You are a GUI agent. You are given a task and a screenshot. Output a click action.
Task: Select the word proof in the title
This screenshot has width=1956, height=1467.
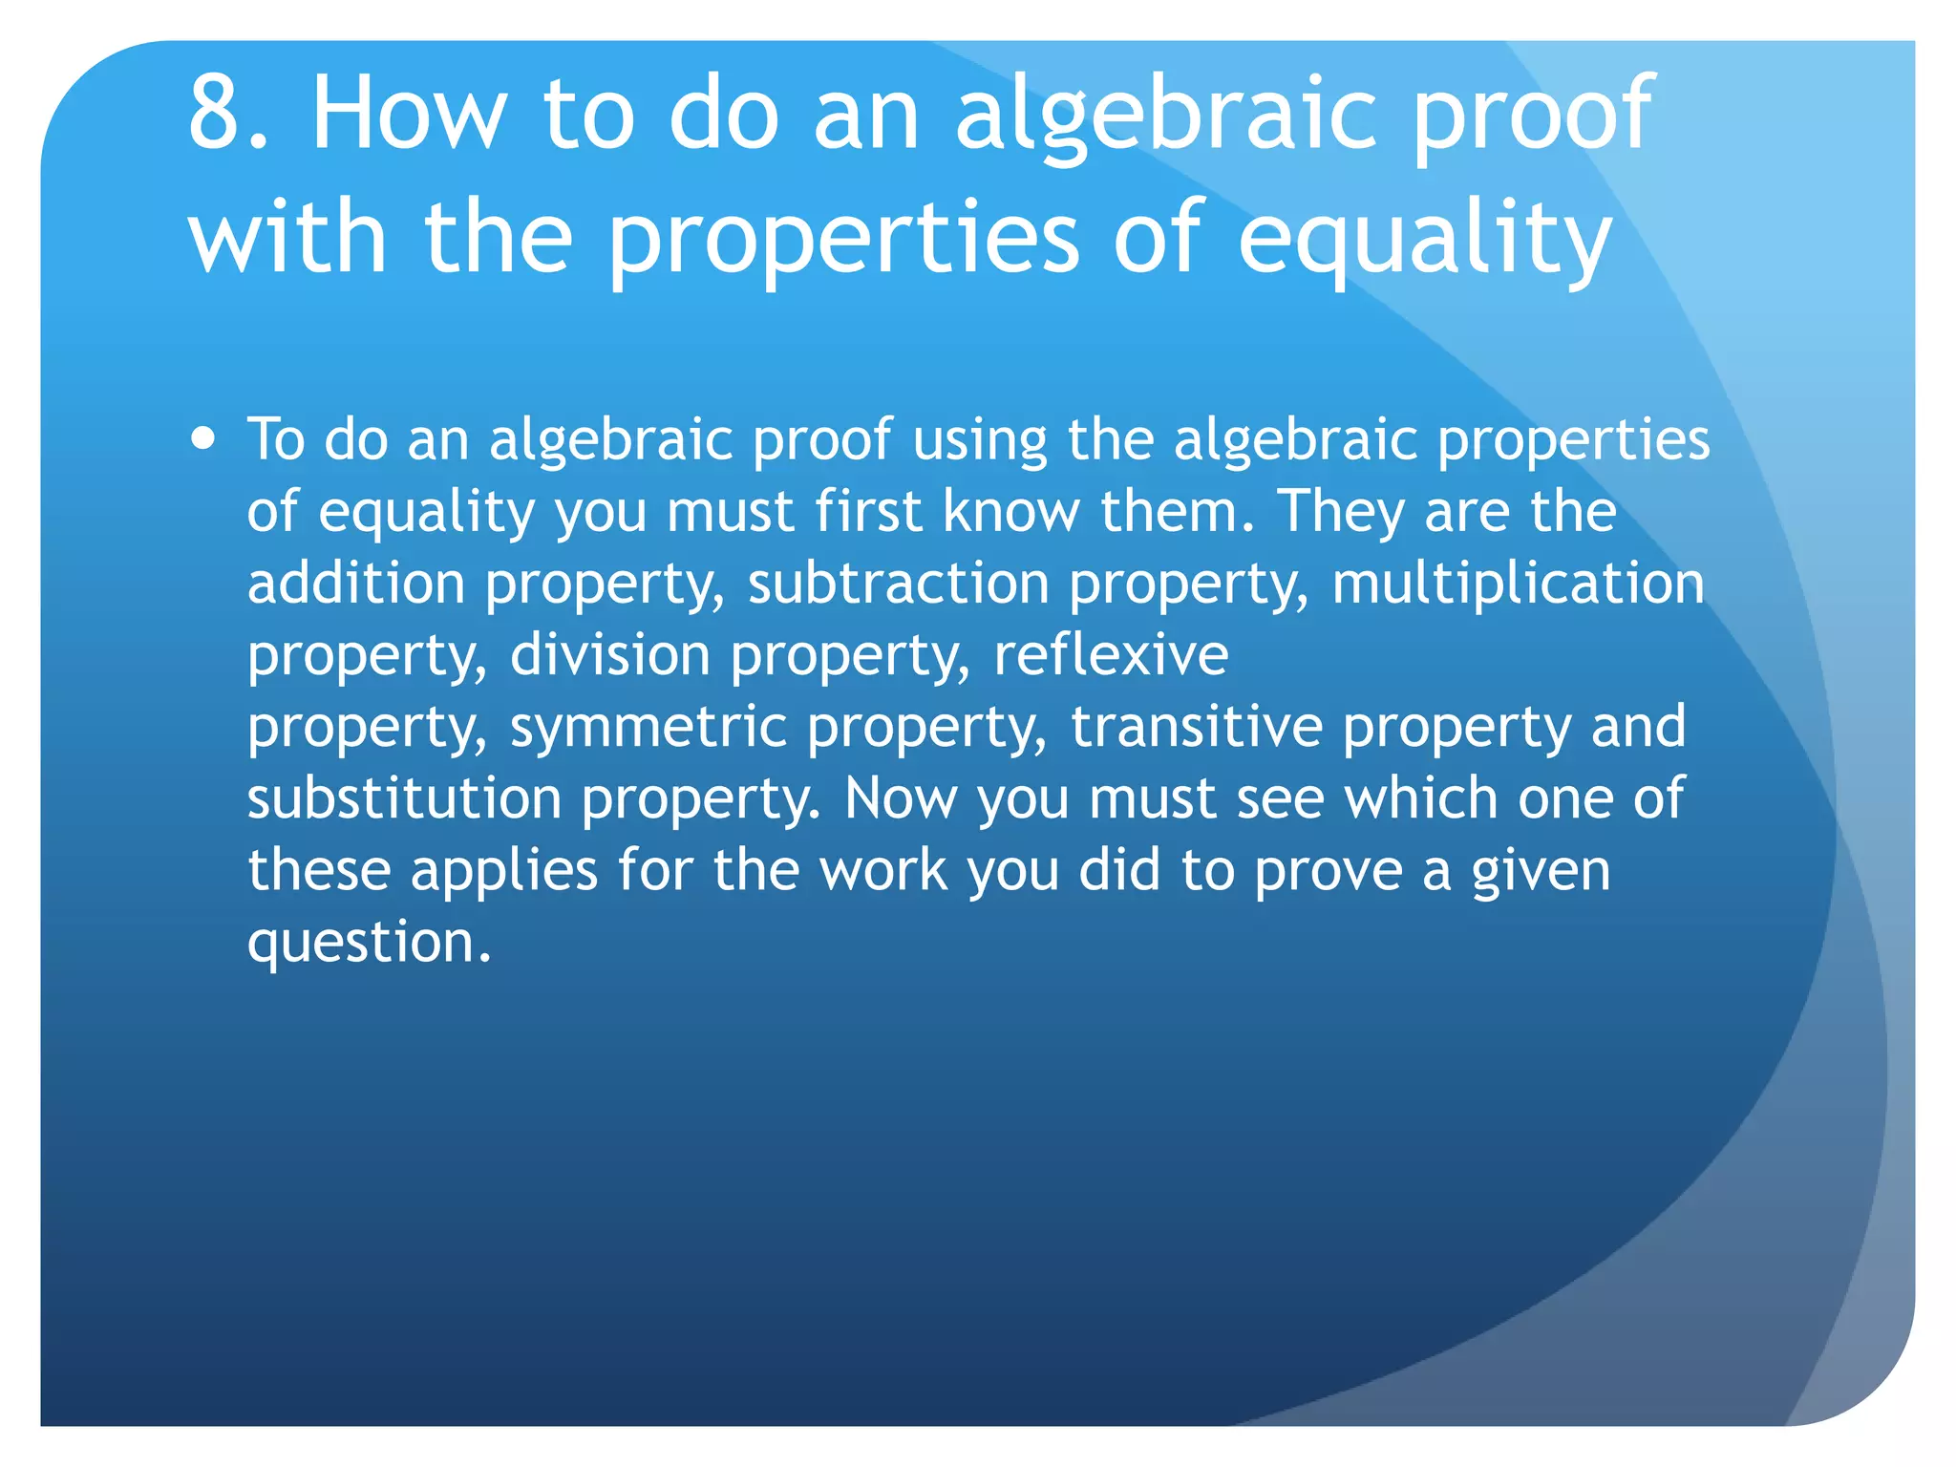click(1531, 119)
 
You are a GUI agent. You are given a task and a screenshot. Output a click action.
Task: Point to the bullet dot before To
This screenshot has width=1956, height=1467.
click(202, 439)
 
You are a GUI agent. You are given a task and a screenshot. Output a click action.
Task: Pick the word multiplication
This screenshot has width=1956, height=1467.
click(1518, 585)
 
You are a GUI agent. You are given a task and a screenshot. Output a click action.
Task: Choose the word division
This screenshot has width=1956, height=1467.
click(609, 655)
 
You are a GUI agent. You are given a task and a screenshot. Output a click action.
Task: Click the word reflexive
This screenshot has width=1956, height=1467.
click(1111, 655)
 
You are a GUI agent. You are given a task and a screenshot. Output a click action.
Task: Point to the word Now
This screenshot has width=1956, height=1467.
click(900, 798)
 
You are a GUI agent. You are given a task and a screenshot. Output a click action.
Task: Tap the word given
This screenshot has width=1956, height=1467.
click(1540, 872)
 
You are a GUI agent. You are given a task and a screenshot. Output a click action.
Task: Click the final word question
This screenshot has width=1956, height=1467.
click(369, 944)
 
